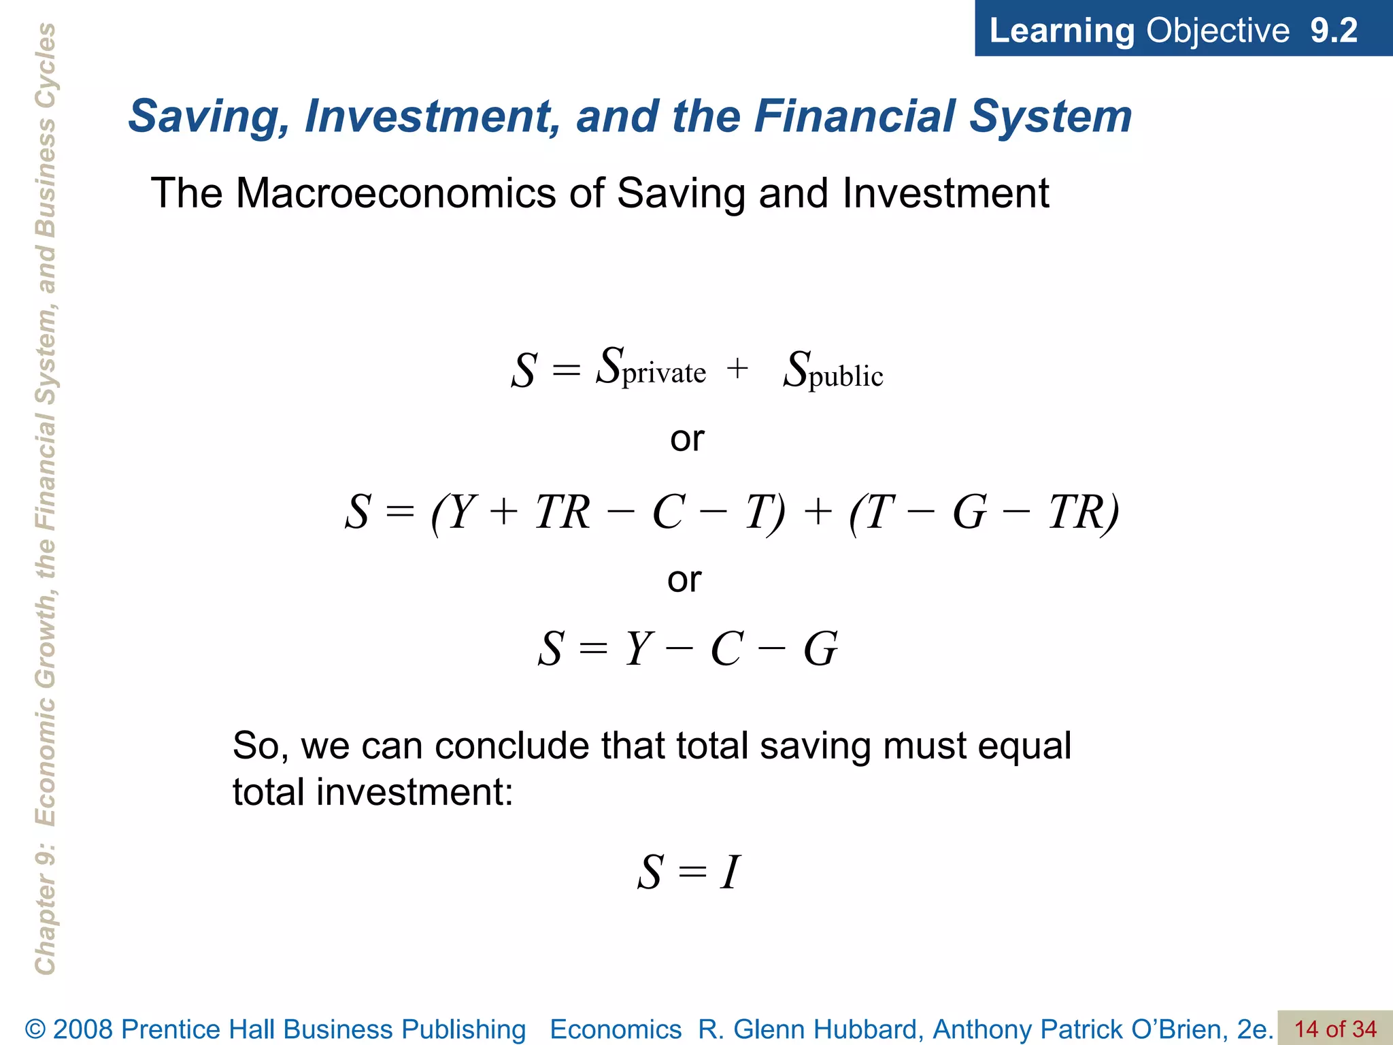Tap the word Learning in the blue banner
(1061, 31)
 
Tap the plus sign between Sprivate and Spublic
(737, 369)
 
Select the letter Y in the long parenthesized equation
(460, 512)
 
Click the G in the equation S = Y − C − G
(820, 649)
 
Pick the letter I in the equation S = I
(730, 872)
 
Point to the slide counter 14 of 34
(1335, 1029)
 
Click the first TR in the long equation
(562, 512)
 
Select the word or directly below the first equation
(687, 439)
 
